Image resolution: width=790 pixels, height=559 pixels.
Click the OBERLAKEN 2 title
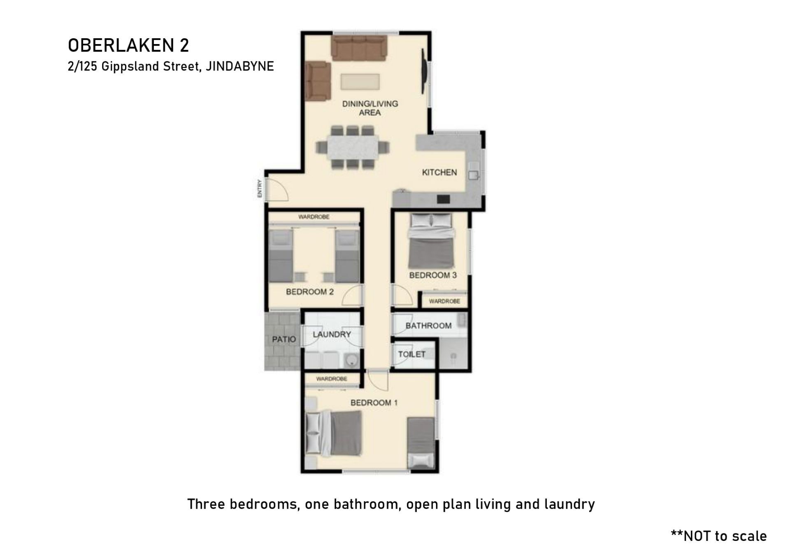(128, 45)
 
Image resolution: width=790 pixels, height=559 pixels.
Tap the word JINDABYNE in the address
(239, 66)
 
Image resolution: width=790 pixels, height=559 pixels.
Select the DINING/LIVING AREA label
(370, 108)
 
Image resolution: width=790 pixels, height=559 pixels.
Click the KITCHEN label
(439, 172)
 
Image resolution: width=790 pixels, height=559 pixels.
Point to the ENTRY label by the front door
(260, 189)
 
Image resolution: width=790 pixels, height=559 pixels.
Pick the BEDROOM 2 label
(310, 292)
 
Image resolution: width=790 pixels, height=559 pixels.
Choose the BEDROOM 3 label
(433, 275)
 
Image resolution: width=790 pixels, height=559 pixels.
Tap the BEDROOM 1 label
(374, 403)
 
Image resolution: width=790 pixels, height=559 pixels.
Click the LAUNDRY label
(332, 334)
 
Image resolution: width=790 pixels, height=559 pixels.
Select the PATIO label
(284, 339)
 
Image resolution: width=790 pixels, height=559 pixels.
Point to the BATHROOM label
(428, 326)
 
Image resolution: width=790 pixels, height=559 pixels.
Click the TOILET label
(411, 354)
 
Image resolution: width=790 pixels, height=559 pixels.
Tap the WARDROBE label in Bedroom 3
(444, 301)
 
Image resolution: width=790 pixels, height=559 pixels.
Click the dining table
(353, 147)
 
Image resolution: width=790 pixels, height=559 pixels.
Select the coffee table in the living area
(360, 82)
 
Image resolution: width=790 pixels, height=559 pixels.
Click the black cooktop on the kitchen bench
(443, 199)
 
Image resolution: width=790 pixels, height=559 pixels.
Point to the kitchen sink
(473, 175)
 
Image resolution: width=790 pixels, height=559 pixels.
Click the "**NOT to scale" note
(719, 536)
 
